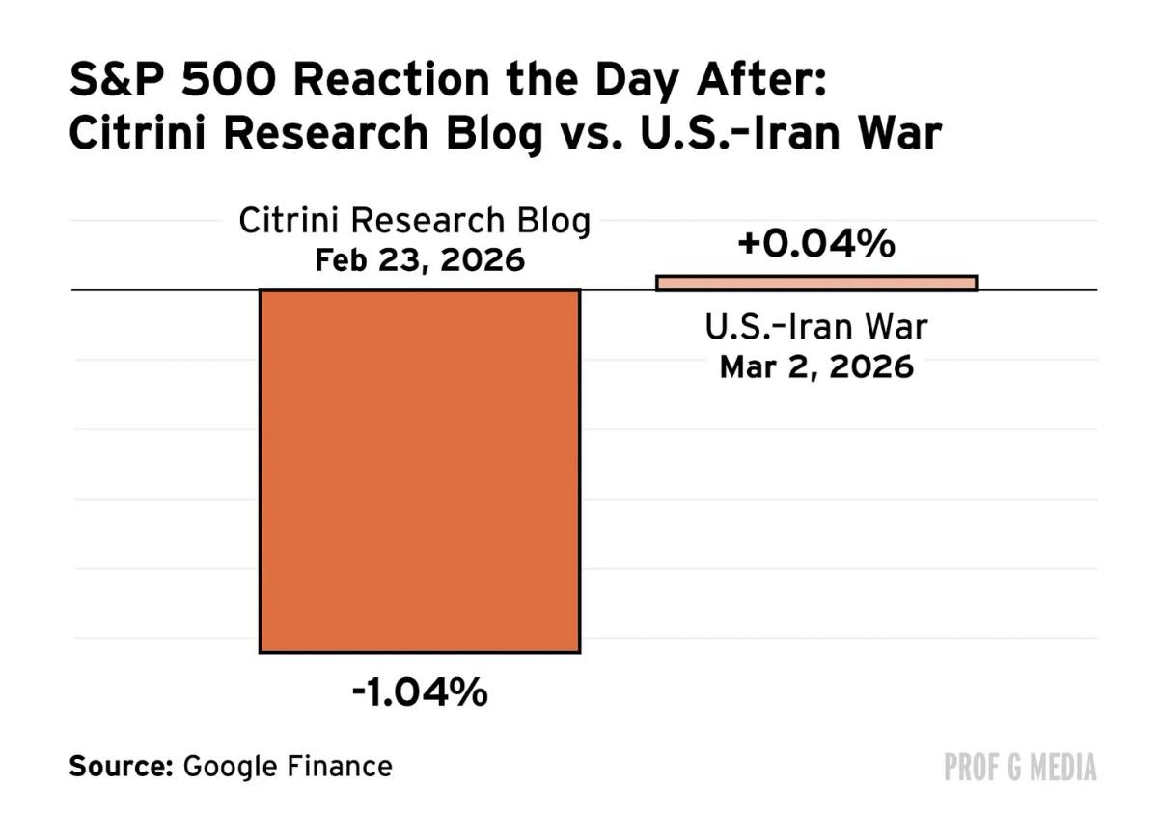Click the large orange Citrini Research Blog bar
point(420,471)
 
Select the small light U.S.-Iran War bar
point(816,283)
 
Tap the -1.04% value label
point(420,692)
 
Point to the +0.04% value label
point(816,244)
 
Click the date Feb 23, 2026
point(420,260)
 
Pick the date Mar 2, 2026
point(816,367)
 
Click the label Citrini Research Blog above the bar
point(415,222)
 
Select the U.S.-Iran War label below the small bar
point(816,328)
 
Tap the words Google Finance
point(288,767)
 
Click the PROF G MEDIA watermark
point(1021,768)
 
